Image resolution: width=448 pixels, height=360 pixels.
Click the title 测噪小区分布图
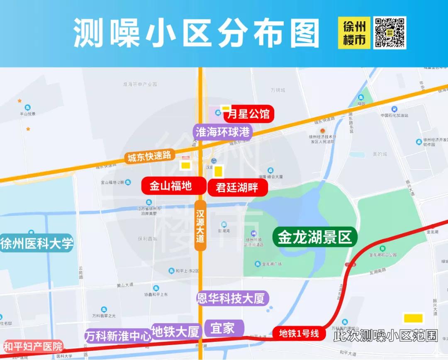pyautogui.click(x=197, y=33)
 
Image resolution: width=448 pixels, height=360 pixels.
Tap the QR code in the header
pyautogui.click(x=390, y=33)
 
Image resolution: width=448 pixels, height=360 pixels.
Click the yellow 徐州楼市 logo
pyautogui.click(x=354, y=33)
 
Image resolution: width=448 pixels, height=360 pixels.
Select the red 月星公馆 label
pyautogui.click(x=249, y=114)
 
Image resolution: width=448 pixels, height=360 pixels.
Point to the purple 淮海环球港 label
pyautogui.click(x=223, y=132)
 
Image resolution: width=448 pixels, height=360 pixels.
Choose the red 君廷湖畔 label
pyautogui.click(x=237, y=187)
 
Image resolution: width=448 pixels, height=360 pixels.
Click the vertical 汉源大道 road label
pyautogui.click(x=200, y=226)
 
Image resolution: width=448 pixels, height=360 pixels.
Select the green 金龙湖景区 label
pyautogui.click(x=315, y=237)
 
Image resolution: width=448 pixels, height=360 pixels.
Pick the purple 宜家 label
pyautogui.click(x=222, y=328)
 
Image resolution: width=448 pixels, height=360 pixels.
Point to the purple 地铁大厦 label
pyautogui.click(x=176, y=332)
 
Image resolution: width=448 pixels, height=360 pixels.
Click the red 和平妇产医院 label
pyautogui.click(x=33, y=346)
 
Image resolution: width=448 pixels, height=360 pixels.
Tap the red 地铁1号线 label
pyautogui.click(x=299, y=333)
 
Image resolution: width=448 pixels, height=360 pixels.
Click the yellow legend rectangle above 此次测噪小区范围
pyautogui.click(x=414, y=318)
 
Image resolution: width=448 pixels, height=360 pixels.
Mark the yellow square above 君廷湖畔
pyautogui.click(x=218, y=171)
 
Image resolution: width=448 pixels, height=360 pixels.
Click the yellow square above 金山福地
pyautogui.click(x=185, y=165)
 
